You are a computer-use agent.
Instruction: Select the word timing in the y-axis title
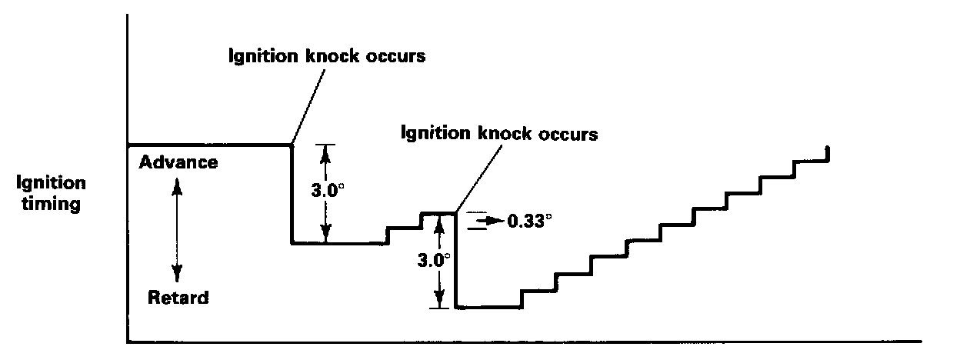coord(53,205)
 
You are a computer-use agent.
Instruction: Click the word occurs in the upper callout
coord(395,58)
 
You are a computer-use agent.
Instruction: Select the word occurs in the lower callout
coord(568,133)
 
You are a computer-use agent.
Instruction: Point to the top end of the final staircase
coord(827,148)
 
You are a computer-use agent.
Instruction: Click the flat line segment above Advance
coord(208,144)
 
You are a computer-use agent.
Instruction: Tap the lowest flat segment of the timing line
coord(488,308)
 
